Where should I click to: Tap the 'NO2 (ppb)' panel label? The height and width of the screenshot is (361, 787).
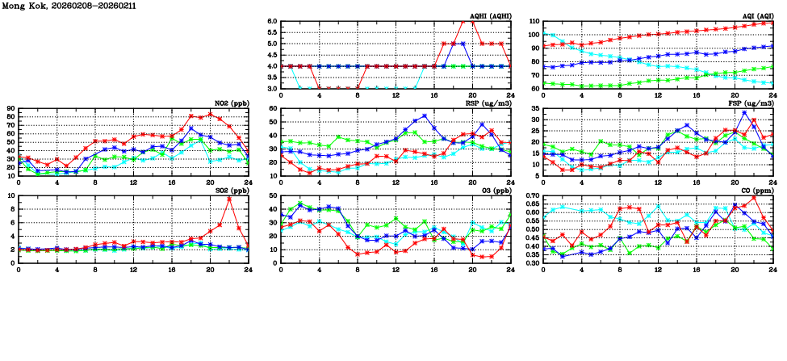click(x=231, y=103)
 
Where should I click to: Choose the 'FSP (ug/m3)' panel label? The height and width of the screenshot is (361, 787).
click(x=752, y=103)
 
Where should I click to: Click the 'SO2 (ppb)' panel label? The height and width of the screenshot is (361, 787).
click(x=231, y=191)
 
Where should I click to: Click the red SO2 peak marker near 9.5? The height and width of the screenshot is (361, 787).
click(x=229, y=199)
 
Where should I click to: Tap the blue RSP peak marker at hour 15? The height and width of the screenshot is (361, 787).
click(x=425, y=115)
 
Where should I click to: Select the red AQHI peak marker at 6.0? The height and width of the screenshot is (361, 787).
click(x=463, y=22)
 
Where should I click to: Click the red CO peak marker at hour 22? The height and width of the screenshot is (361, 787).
click(x=754, y=197)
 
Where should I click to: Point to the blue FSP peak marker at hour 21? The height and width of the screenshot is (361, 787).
click(x=744, y=113)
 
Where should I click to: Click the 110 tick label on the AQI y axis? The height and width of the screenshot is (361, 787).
click(x=534, y=22)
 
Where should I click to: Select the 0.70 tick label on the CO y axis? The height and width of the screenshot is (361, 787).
click(x=531, y=196)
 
